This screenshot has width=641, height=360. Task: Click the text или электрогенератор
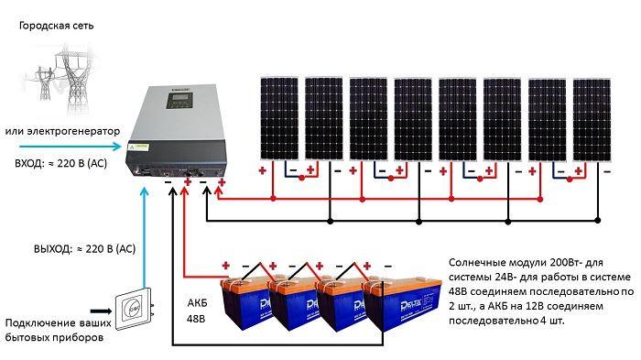point(63,131)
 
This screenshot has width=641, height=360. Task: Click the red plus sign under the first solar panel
point(263,171)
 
